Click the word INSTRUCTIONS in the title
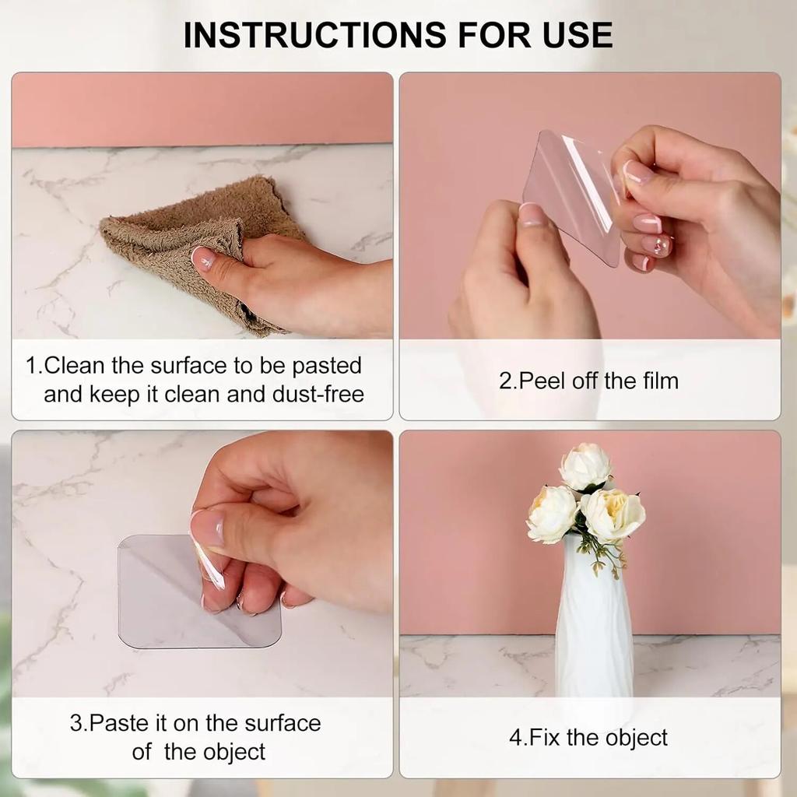(314, 35)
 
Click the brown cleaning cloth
(203, 239)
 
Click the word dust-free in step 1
(318, 394)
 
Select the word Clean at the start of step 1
(75, 366)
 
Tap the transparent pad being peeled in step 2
(573, 195)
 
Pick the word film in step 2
(661, 381)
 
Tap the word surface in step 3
(283, 723)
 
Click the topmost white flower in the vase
(585, 467)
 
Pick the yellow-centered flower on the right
(613, 514)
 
